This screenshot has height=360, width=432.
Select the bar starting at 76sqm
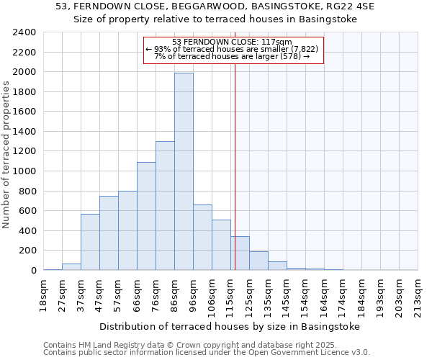coord(165,206)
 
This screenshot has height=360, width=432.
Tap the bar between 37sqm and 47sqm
coord(90,242)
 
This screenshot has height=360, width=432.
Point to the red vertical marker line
coord(235,180)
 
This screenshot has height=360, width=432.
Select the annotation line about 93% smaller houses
coord(233,49)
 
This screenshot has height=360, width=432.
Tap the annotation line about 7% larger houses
coord(233,56)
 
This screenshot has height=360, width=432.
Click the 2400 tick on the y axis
coord(24,32)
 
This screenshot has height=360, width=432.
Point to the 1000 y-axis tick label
coord(24,171)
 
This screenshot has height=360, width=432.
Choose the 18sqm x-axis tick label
coord(43,294)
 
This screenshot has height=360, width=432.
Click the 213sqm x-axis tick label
coord(418,294)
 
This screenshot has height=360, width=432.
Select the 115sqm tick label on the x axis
coord(230,294)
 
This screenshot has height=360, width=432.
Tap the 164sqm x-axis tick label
coord(324,294)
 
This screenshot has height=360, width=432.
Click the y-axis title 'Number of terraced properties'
coord(6,154)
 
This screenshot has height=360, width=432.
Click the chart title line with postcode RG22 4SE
coord(215,6)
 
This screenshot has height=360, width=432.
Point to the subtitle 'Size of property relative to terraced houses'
coord(215,19)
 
